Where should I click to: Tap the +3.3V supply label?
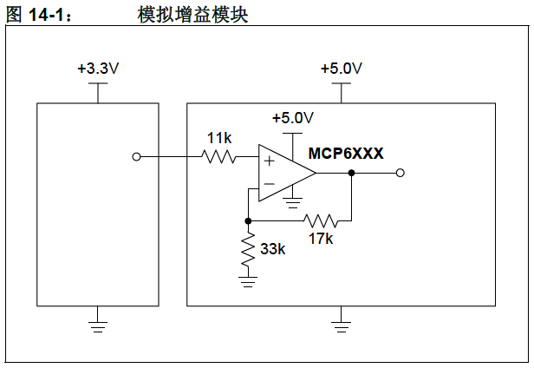click(97, 69)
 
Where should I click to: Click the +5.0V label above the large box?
click(342, 69)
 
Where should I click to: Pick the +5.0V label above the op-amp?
click(292, 118)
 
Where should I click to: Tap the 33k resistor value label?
click(272, 249)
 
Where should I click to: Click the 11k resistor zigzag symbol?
click(218, 157)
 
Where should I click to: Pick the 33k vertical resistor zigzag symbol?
click(249, 249)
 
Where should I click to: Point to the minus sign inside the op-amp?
click(269, 184)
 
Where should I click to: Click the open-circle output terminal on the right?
click(400, 173)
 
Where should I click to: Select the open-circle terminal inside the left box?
click(135, 157)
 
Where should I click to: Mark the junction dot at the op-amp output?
click(351, 173)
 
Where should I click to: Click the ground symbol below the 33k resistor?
click(249, 279)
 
